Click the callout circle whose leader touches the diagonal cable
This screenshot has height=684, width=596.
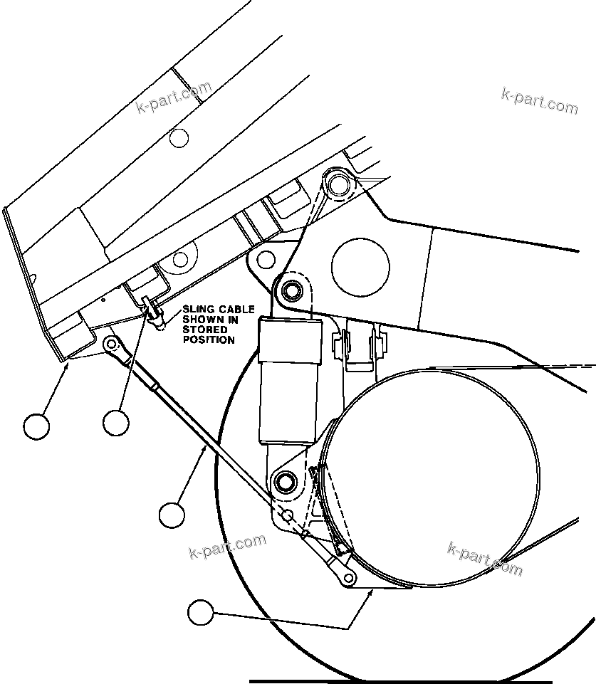coord(172,515)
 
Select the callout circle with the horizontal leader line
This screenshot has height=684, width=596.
coord(201,613)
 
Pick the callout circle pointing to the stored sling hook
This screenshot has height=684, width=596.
coord(115,423)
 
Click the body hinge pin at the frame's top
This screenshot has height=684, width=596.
coord(337,184)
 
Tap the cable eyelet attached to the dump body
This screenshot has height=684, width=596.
coord(111,344)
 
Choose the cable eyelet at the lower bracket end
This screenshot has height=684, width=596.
coord(348,577)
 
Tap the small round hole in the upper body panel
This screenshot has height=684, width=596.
coord(179,137)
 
